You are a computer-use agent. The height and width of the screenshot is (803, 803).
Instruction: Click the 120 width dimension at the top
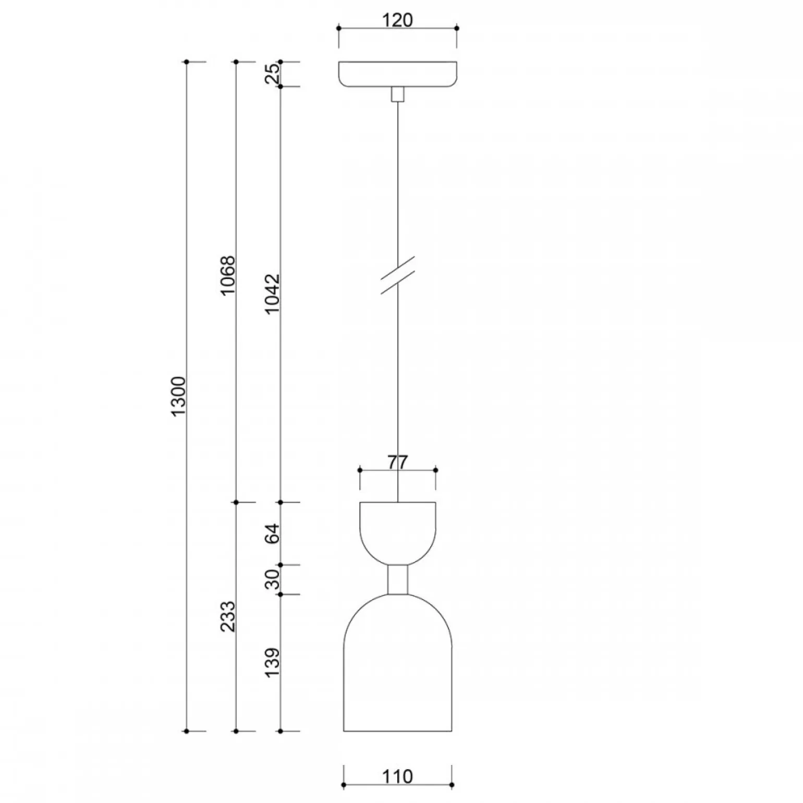coord(397,20)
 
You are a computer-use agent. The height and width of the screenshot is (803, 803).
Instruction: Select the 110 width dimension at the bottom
coord(397,776)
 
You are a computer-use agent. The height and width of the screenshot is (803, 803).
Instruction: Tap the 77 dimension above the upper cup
coord(398,462)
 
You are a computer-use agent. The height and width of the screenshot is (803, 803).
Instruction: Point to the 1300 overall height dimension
coord(178,396)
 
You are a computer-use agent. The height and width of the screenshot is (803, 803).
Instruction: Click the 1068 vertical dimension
coord(228,275)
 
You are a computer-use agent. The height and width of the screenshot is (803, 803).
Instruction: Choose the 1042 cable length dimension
coord(272,294)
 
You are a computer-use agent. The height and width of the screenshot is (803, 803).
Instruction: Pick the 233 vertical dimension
coord(228,616)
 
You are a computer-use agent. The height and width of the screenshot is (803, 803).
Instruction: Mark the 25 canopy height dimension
coord(272,74)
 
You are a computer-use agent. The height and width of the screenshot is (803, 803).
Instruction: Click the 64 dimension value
coord(272,533)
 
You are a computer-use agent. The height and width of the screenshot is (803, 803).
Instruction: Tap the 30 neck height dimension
coord(272,579)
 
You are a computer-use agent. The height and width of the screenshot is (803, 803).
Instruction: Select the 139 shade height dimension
coord(272,662)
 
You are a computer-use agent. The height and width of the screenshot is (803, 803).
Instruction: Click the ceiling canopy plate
coord(397,74)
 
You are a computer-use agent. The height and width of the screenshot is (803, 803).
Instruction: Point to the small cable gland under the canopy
coord(397,94)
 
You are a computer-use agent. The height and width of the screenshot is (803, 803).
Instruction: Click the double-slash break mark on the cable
coord(398,275)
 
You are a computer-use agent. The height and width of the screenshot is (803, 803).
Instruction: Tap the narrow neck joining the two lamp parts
coord(397,579)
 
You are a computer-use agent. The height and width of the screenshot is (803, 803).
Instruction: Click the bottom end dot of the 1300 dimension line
coord(186,731)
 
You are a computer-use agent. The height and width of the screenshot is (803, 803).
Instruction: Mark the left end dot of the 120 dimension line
coord(338,28)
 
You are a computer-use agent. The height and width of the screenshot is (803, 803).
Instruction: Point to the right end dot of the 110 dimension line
coord(452,785)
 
